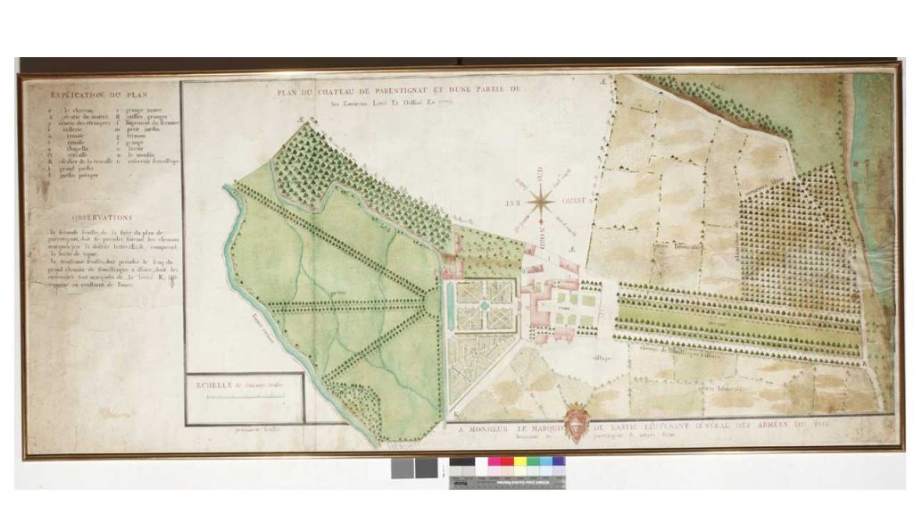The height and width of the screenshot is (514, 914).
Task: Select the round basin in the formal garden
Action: tap(483, 305)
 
